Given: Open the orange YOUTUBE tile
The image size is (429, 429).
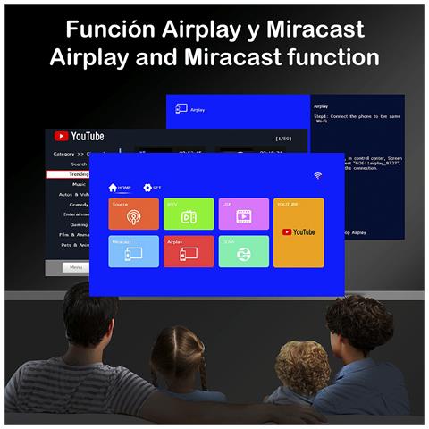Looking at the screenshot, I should pos(298,232).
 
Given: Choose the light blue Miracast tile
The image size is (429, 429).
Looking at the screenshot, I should pos(133,252).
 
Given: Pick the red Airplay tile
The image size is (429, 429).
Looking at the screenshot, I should pos(189,252).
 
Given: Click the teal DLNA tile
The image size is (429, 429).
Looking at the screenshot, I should pos(244,252).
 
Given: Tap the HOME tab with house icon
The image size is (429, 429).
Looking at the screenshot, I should pos(119,188).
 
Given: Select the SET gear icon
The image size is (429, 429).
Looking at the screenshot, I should pos(152,188).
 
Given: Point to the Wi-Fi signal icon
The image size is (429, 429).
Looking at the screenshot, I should pos(317,175).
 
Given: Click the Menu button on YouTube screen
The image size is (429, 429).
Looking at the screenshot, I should pos(76,267).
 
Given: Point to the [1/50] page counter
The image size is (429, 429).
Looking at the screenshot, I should pos(283,139).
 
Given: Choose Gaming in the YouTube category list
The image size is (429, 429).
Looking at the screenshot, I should pos(80,224).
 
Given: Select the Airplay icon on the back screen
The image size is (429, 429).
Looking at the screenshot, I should pos(181,110).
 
